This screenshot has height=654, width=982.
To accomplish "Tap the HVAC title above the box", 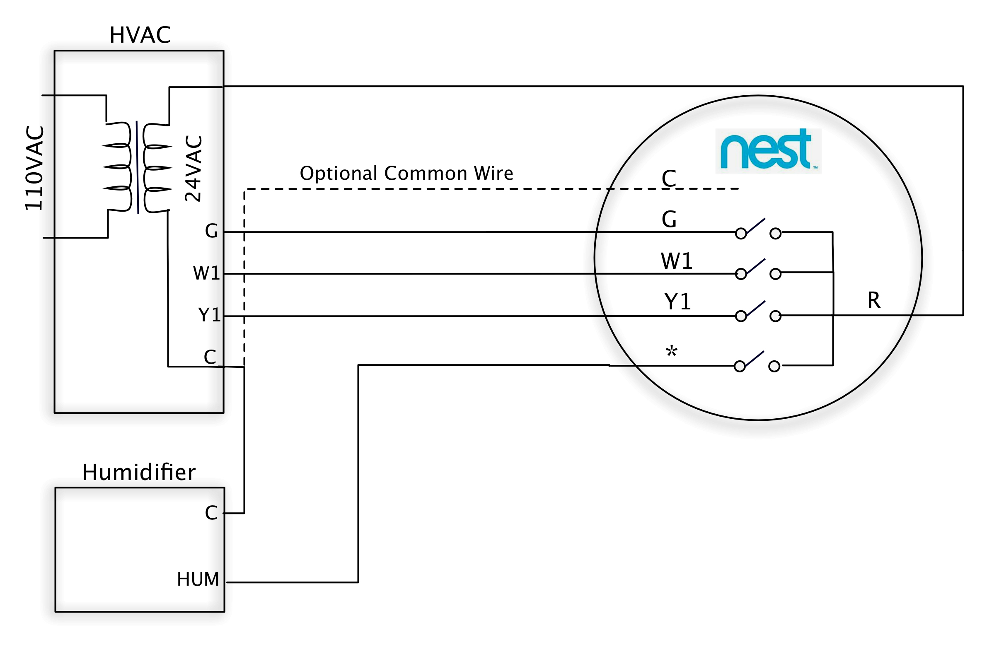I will coord(140,35).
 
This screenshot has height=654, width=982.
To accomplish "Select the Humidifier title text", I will coord(138,473).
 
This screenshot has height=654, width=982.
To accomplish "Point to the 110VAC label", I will coord(34,168).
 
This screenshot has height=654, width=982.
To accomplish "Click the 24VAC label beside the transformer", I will coord(193,169).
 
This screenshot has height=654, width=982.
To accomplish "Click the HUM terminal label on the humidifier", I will coord(198,579).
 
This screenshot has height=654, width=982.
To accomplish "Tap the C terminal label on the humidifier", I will coord(210,513).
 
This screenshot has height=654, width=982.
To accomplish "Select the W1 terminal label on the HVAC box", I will coord(206,273).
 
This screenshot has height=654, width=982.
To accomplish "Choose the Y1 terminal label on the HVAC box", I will coord(208,315).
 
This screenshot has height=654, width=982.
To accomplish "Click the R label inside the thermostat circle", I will coord(873,300).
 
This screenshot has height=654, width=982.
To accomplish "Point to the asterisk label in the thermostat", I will coord(671,352).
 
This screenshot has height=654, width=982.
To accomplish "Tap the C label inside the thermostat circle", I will coord(668,179).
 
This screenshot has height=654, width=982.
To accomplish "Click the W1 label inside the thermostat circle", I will coord(676,261).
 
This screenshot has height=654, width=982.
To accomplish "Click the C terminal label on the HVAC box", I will coord(210,357).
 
